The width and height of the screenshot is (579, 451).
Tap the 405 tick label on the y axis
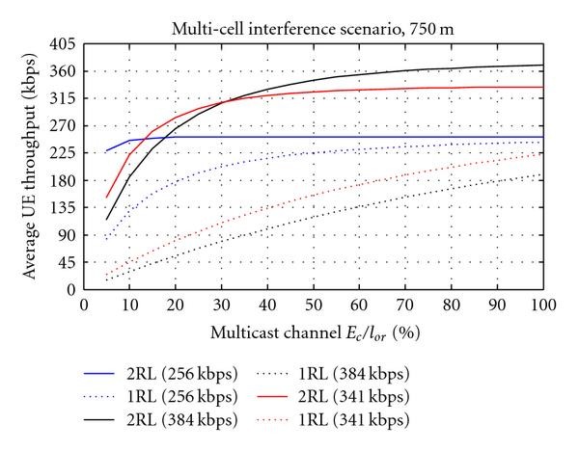pyautogui.click(x=65, y=44)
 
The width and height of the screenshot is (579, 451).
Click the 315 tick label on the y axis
pyautogui.click(x=65, y=98)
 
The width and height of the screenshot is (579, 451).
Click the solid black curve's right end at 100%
pyautogui.click(x=542, y=66)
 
